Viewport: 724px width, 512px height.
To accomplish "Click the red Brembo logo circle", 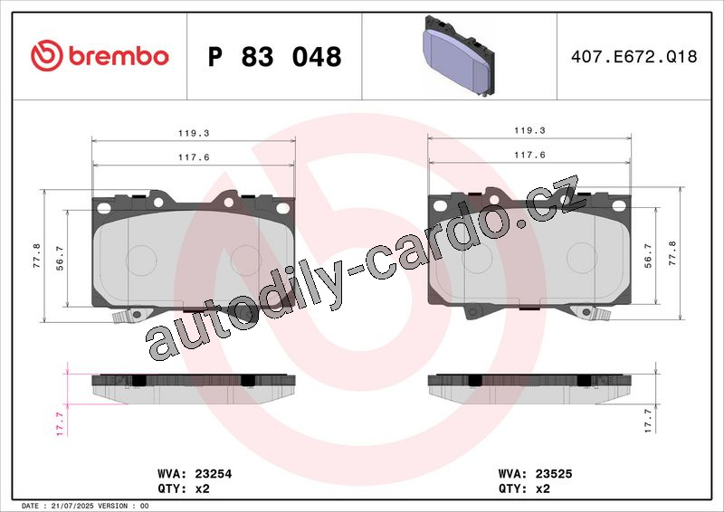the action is pyautogui.click(x=47, y=56).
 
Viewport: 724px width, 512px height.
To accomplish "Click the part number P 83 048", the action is pyautogui.click(x=275, y=57).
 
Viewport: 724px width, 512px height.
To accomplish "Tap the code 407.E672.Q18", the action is pyautogui.click(x=634, y=56).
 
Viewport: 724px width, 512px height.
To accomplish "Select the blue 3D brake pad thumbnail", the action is pyautogui.click(x=459, y=56).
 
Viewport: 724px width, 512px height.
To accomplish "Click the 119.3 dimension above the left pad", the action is pyautogui.click(x=194, y=133).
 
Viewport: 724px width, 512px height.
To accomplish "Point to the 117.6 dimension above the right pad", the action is pyautogui.click(x=529, y=155).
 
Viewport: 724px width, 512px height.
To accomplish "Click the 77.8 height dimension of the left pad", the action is pyautogui.click(x=37, y=256).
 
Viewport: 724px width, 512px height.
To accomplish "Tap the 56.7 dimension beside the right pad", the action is pyautogui.click(x=648, y=256).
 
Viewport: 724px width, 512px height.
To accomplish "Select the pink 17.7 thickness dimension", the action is pyautogui.click(x=60, y=424).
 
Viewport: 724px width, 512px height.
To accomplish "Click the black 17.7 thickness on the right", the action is pyautogui.click(x=648, y=421).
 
